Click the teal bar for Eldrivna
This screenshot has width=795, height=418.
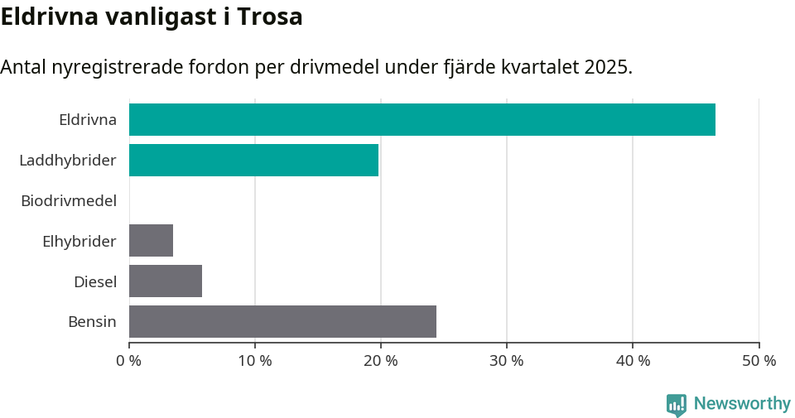coord(422,119)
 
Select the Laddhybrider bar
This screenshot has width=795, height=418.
coord(253,160)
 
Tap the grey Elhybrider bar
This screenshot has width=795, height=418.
coord(151,241)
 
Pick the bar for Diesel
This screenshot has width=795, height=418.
coord(166,281)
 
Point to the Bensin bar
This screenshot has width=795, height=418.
coord(282,321)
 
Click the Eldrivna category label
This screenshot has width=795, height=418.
coord(88,119)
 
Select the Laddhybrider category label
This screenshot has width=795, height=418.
coord(68,160)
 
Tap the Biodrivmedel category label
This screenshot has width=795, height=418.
coord(69,200)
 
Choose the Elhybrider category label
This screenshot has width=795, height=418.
coord(79,241)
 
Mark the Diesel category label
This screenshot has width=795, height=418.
coord(95,281)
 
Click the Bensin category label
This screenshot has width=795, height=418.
coord(92,321)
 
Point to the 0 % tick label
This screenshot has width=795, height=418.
coord(129,361)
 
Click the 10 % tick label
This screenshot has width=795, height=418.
coord(255,361)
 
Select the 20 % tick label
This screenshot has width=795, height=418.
coord(381,361)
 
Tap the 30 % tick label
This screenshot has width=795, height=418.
coord(507,361)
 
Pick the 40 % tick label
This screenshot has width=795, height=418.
coord(633,361)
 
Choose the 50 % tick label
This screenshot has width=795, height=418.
coord(759,361)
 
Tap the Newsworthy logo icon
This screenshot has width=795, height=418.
coord(677,404)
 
